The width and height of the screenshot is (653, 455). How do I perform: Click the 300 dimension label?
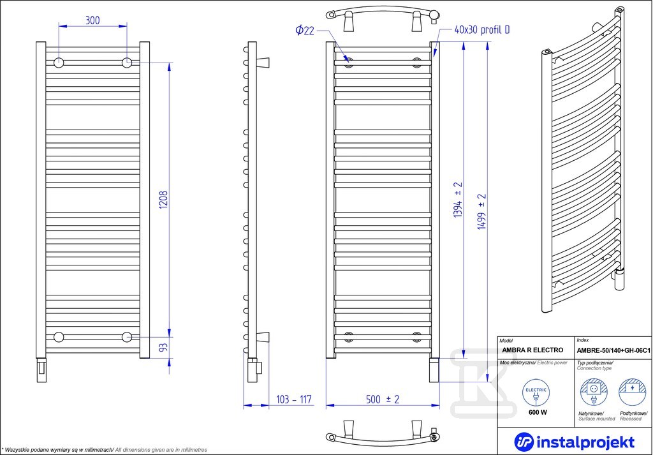click(x=92, y=20)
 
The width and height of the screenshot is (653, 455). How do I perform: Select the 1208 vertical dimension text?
click(x=164, y=200)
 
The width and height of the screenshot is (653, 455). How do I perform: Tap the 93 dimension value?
click(x=164, y=348)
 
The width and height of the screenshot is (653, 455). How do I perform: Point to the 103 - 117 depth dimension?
click(x=294, y=399)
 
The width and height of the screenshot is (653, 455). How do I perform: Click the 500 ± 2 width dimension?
click(x=383, y=399)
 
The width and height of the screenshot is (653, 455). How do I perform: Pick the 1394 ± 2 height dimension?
click(x=459, y=200)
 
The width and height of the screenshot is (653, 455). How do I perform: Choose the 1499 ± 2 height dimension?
click(x=482, y=212)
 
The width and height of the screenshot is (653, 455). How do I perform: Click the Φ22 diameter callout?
click(x=305, y=30)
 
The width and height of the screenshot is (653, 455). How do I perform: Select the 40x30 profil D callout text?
click(x=482, y=29)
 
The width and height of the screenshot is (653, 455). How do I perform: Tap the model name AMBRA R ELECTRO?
click(x=532, y=350)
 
